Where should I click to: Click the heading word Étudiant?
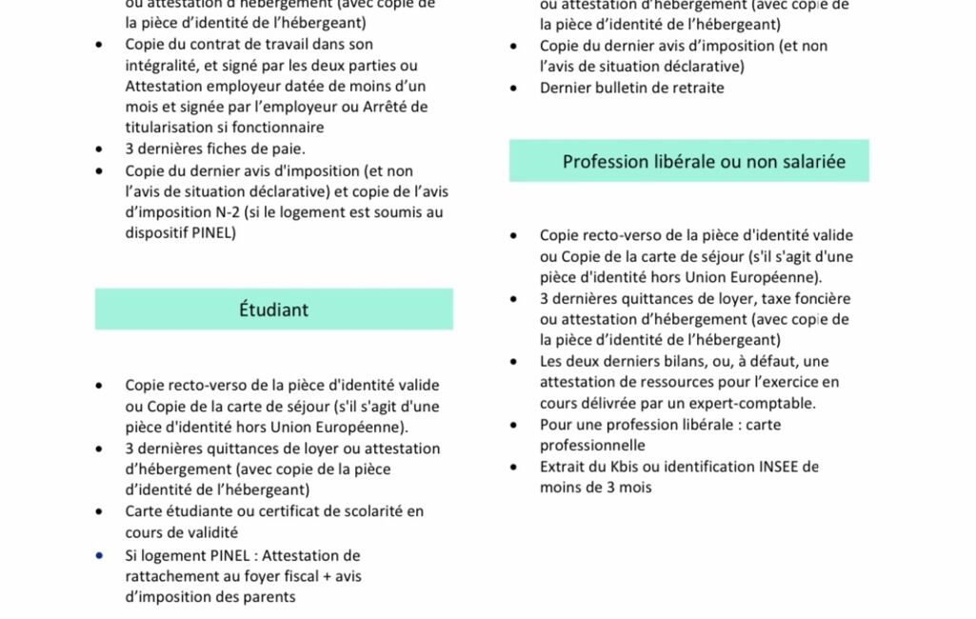pyautogui.click(x=273, y=309)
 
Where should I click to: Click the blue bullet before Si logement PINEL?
pyautogui.click(x=100, y=555)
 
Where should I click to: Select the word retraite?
pyautogui.click(x=694, y=88)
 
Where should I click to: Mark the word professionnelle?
pyautogui.click(x=592, y=446)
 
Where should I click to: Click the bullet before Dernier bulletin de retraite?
pyautogui.click(x=514, y=88)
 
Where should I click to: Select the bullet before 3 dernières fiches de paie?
pyautogui.click(x=100, y=149)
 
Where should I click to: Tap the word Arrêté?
pyautogui.click(x=405, y=106)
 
